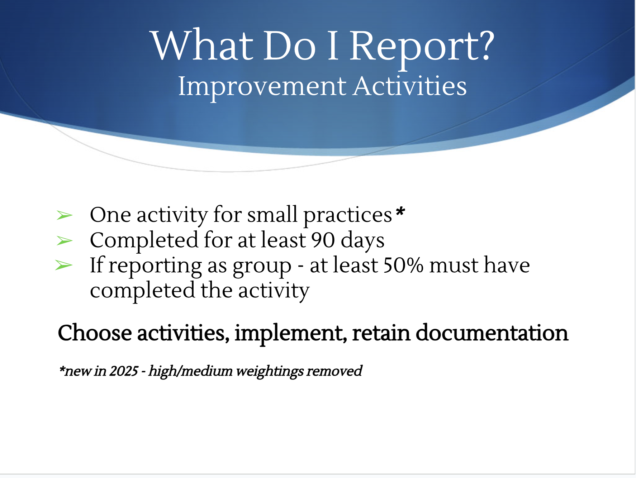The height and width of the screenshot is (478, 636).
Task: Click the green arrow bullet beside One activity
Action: [x=65, y=215]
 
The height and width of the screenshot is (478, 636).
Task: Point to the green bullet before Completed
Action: [x=65, y=241]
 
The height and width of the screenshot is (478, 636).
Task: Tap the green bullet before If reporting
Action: [x=64, y=266]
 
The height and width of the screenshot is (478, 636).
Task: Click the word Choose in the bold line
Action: [x=95, y=333]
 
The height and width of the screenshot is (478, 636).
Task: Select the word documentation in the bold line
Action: [x=492, y=333]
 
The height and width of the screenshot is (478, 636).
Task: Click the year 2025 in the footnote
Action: [x=124, y=371]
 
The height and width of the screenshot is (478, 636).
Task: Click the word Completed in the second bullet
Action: [x=144, y=240]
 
